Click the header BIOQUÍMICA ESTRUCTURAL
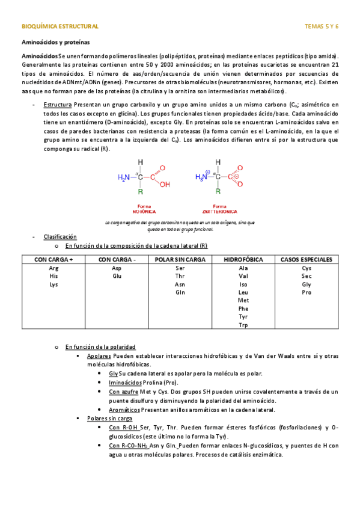(x=59, y=26)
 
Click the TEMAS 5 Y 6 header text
(x=322, y=26)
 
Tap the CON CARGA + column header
(x=53, y=259)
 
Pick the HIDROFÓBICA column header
(x=243, y=259)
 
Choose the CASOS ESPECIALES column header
(x=306, y=259)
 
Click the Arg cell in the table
(x=53, y=268)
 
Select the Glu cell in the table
(x=117, y=276)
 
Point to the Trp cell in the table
(x=243, y=325)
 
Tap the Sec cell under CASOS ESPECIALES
(x=306, y=276)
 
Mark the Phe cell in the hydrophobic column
(x=243, y=309)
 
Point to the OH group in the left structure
(x=165, y=185)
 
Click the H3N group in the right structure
(x=201, y=177)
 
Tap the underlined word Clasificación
(x=60, y=237)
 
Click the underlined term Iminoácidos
(x=126, y=382)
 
